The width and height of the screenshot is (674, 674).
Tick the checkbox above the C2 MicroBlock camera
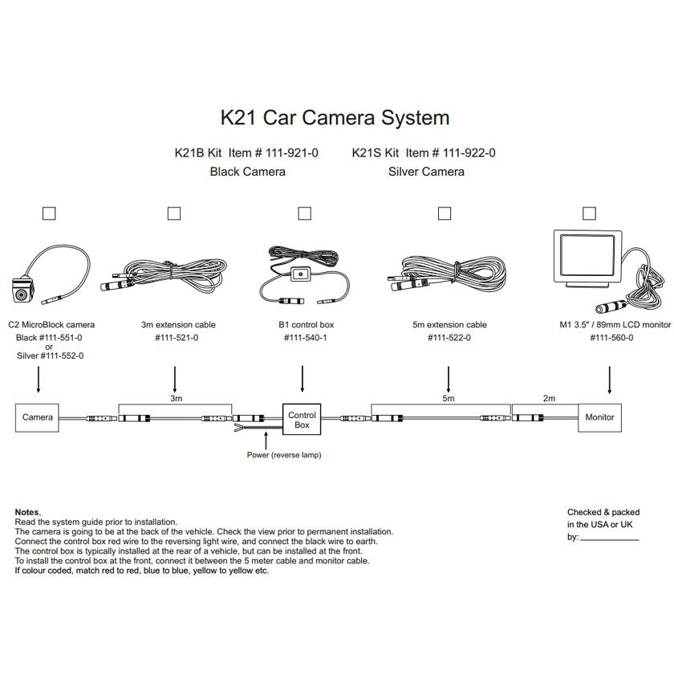(x=49, y=213)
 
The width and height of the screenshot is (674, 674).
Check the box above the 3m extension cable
(x=174, y=213)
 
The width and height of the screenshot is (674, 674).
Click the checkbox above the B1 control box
(x=304, y=213)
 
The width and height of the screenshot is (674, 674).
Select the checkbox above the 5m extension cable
(x=444, y=213)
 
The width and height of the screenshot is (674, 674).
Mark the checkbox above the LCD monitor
(x=589, y=213)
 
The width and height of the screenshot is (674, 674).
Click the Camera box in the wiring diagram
(x=37, y=417)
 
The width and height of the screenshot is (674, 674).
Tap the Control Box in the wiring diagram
(x=302, y=419)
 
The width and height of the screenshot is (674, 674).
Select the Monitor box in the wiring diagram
(x=599, y=417)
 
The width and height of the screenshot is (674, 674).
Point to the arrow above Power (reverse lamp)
(x=266, y=441)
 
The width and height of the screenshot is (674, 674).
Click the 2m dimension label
(x=549, y=399)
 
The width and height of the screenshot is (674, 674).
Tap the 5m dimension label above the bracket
(x=449, y=399)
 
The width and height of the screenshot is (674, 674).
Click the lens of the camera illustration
(x=21, y=295)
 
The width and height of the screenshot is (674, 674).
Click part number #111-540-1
(x=305, y=338)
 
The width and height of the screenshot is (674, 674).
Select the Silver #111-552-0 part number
(x=51, y=356)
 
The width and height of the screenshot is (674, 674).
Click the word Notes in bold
(x=27, y=512)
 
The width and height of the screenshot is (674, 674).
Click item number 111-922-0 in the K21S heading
(x=469, y=153)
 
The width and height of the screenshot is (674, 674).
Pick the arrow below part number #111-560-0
(x=610, y=380)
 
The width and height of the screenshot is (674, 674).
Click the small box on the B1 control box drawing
(x=300, y=274)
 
